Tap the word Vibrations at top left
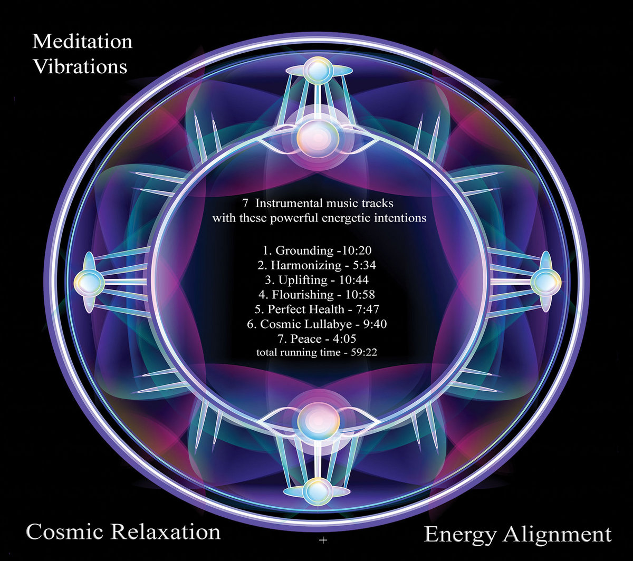pos(80,67)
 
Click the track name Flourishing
pos(303,294)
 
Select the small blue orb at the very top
pos(317,69)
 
